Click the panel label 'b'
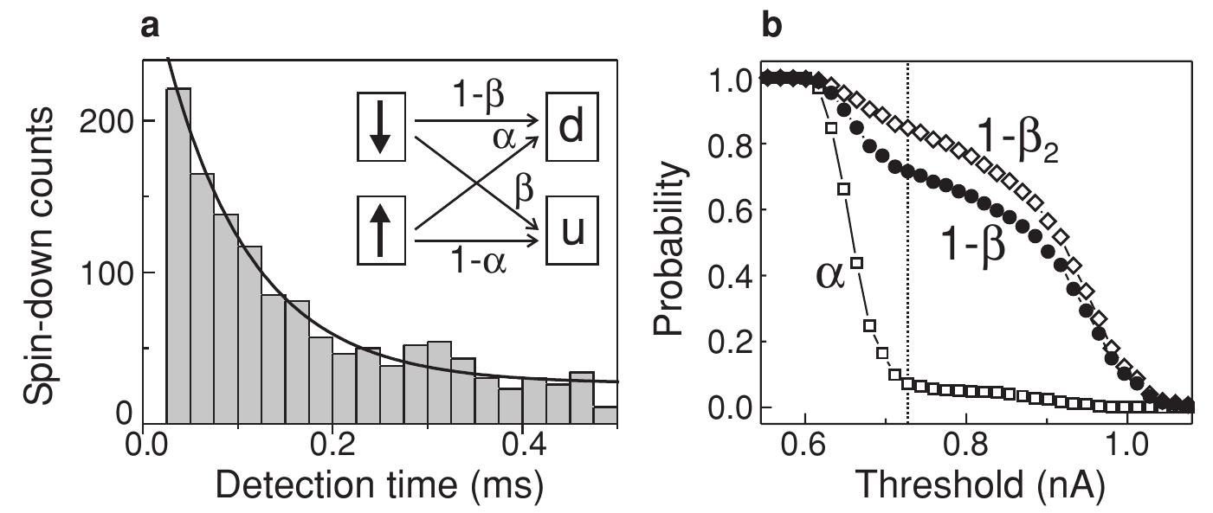click(x=770, y=26)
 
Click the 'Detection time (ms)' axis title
click(x=379, y=490)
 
